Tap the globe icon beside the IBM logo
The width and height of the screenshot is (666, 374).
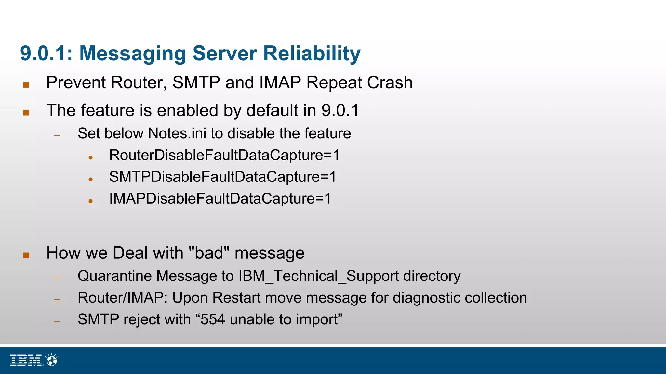[x=52, y=360]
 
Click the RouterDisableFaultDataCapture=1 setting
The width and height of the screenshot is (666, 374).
[x=224, y=155]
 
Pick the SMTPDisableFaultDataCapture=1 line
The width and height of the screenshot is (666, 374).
[x=222, y=177]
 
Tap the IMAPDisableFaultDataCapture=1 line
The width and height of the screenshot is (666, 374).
[x=220, y=199]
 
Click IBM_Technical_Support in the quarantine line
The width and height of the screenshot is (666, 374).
[x=318, y=276]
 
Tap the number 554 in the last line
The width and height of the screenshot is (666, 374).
[x=213, y=319]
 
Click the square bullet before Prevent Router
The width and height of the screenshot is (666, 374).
[x=26, y=85]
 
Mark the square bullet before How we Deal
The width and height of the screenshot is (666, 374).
[x=26, y=255]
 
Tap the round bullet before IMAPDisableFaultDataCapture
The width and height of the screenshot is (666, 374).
[x=91, y=201]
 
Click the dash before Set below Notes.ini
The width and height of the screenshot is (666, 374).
[x=57, y=135]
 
